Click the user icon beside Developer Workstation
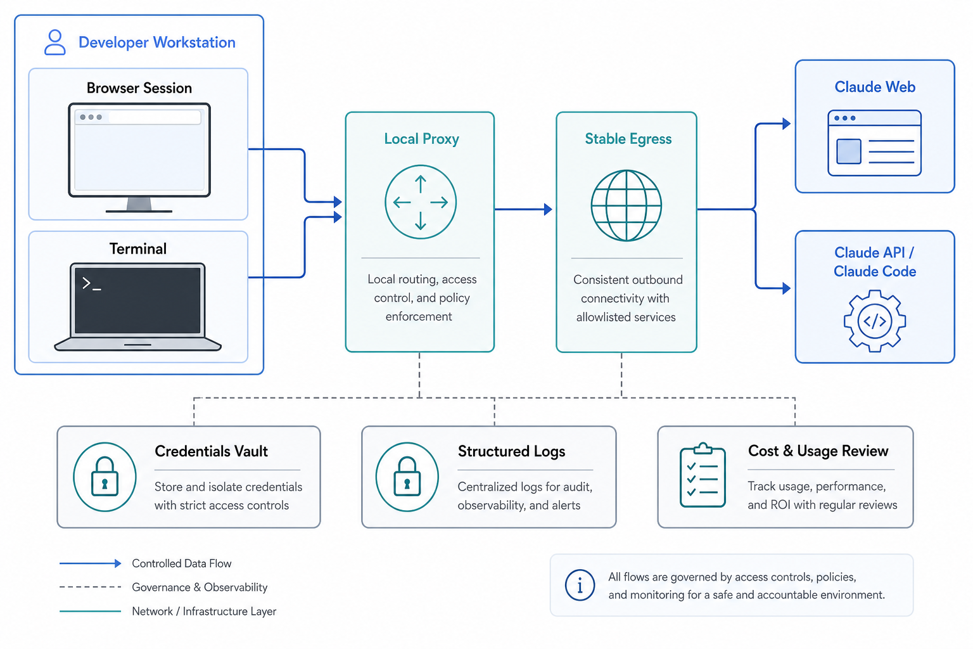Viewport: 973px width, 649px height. point(54,42)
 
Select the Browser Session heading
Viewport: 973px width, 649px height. point(139,88)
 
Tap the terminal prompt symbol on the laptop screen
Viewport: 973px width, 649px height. point(91,284)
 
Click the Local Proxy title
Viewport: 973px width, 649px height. point(421,139)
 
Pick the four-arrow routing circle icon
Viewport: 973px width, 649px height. point(421,202)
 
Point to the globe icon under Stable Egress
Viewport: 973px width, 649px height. point(626,205)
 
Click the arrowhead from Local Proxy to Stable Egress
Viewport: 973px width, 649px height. point(548,210)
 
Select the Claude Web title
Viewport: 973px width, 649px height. point(875,87)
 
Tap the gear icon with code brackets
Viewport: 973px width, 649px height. point(874,321)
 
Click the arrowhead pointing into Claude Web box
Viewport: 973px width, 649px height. point(786,124)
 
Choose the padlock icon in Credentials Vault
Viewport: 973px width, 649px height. point(105,477)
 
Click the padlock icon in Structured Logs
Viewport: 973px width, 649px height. point(407,477)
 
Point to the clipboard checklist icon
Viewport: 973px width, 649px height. point(703,475)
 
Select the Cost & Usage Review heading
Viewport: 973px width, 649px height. point(818,451)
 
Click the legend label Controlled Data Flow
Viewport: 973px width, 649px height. point(182,563)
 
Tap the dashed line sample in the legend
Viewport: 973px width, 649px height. point(91,587)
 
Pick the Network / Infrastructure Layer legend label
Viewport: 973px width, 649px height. point(204,611)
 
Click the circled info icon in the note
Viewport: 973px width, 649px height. point(580,585)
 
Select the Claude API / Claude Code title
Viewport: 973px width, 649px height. point(875,262)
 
